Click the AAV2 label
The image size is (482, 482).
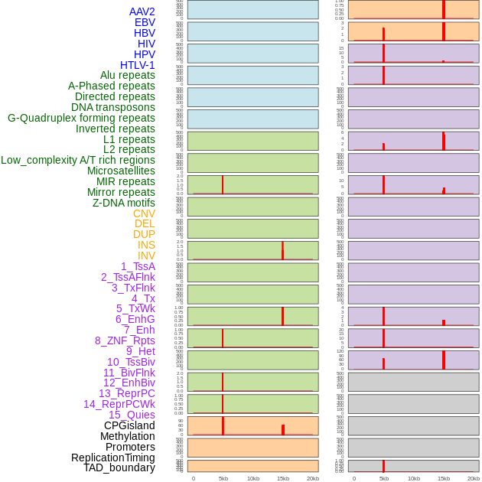coord(142,11)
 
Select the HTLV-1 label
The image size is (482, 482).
coord(138,65)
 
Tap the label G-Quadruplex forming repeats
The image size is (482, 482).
coord(81,118)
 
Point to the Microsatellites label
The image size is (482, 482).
coord(121,171)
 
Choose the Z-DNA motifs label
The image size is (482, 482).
coord(124,203)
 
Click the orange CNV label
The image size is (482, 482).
coord(144,213)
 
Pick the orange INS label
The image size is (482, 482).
coord(146,245)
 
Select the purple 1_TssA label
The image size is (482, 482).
coord(138,266)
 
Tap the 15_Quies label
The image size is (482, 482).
coord(132,415)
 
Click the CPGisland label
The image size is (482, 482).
coord(129,425)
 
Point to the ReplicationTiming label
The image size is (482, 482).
coord(112,458)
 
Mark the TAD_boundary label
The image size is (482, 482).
coord(119,467)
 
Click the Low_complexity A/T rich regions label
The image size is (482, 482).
coord(78,160)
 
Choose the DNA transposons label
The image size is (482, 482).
coord(113,107)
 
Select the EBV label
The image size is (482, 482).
coord(145,22)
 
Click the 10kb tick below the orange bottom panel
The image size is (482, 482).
coord(253,478)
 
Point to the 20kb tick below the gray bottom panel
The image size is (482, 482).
coord(474,478)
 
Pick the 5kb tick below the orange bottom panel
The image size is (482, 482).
coord(223,478)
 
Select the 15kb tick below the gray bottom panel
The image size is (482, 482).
coord(444,478)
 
